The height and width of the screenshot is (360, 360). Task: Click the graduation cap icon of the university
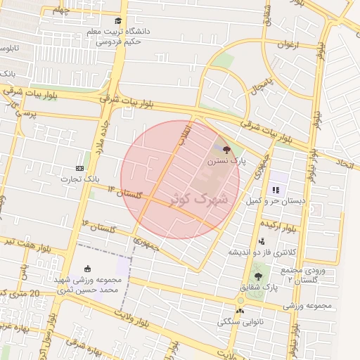coord(118,22)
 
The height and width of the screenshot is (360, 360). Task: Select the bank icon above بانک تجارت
coord(79,168)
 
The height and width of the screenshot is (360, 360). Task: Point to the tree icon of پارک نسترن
coord(226,150)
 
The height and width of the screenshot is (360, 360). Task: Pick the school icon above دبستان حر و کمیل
coord(276,190)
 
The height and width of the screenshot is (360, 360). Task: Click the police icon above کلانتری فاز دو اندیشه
coord(262,241)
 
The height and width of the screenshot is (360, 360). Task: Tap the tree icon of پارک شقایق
coord(259,277)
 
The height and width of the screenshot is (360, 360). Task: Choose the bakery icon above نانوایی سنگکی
coord(240,310)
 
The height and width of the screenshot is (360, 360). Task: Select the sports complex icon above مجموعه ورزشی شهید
coord(87,268)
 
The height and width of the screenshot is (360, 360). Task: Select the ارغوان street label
coord(289,44)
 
